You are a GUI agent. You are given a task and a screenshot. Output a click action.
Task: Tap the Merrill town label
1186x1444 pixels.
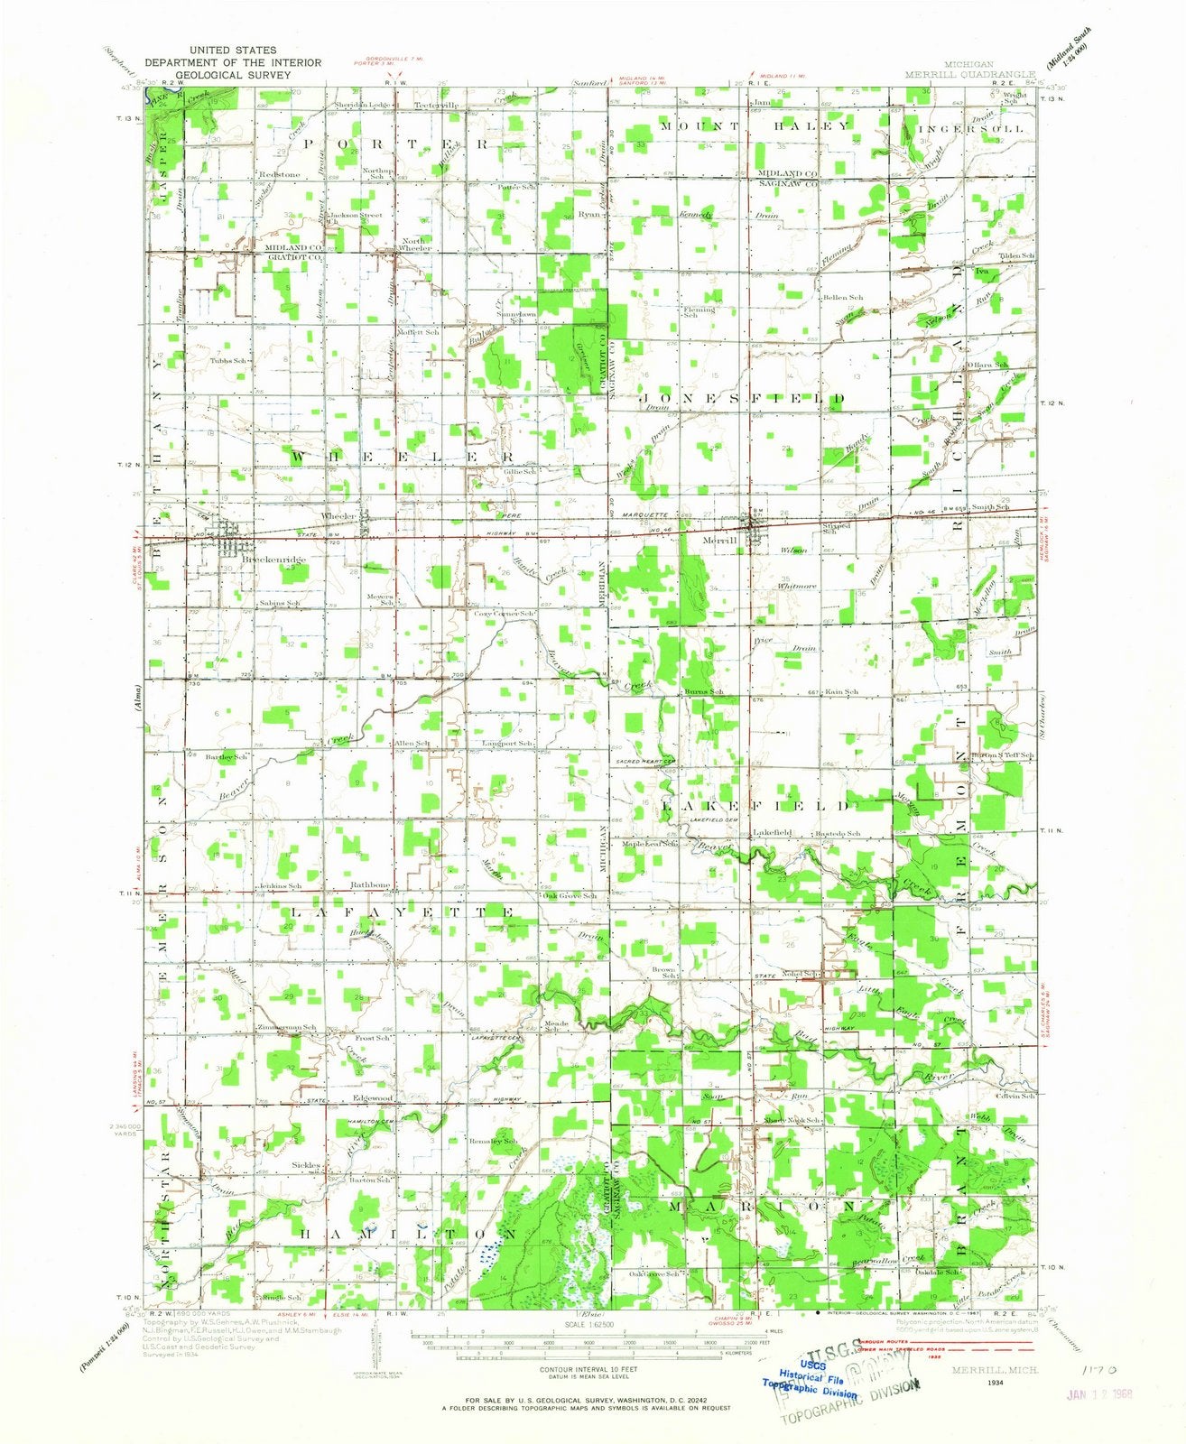pyautogui.click(x=719, y=540)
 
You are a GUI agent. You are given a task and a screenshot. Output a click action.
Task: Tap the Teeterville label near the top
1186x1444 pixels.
pyautogui.click(x=436, y=105)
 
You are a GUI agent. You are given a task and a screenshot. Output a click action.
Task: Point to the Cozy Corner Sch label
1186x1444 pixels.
pyautogui.click(x=505, y=614)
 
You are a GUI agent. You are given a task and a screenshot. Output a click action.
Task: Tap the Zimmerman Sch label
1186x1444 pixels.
pyautogui.click(x=288, y=1028)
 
